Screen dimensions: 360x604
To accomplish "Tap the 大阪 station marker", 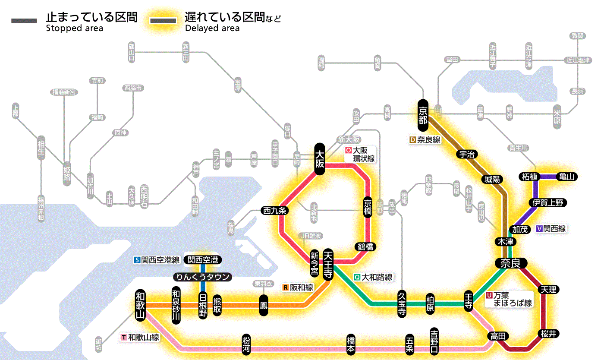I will pyautogui.click(x=320, y=159).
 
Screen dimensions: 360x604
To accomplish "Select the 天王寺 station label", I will pyautogui.click(x=328, y=265).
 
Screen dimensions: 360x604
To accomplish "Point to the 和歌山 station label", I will pyautogui.click(x=140, y=304).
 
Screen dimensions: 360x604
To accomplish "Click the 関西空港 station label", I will pyautogui.click(x=202, y=260).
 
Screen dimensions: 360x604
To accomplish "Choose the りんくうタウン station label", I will pyautogui.click(x=202, y=277).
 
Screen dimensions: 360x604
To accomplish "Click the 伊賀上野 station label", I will pyautogui.click(x=548, y=202).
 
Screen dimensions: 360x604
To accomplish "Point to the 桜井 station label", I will pyautogui.click(x=548, y=333).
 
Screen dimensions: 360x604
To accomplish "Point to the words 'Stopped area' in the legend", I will pyautogui.click(x=75, y=28).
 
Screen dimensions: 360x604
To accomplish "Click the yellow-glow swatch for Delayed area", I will pyautogui.click(x=163, y=20).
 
